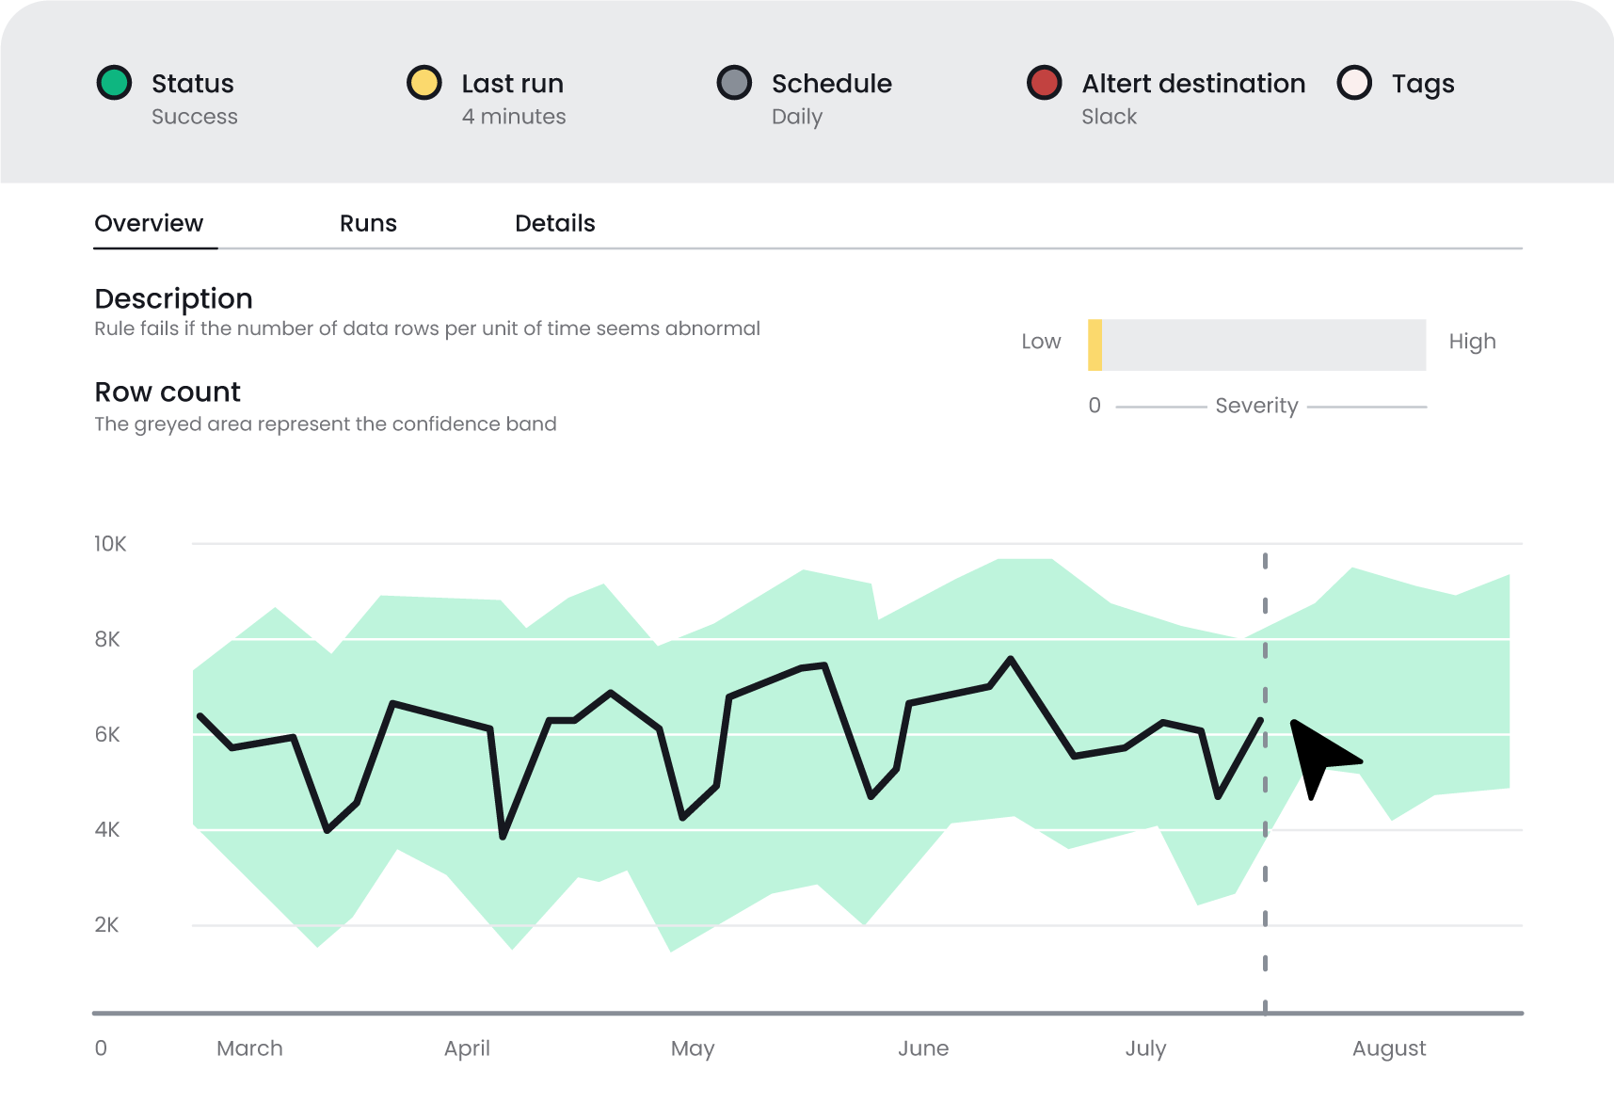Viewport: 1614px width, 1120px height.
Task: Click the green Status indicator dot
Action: pyautogui.click(x=114, y=83)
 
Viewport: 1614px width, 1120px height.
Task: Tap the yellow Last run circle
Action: pyautogui.click(x=424, y=83)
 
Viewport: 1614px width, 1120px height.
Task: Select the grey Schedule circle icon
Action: pyautogui.click(x=734, y=83)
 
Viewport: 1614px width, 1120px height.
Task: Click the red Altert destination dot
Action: pyautogui.click(x=1045, y=83)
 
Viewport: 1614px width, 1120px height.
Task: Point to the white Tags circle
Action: pyautogui.click(x=1354, y=83)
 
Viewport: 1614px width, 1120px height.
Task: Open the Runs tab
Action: pyautogui.click(x=368, y=223)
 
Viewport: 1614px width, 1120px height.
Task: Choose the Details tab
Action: pyautogui.click(x=554, y=223)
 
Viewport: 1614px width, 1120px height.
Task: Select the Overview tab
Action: pyautogui.click(x=149, y=223)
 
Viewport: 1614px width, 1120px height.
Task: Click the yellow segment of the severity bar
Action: pyautogui.click(x=1095, y=344)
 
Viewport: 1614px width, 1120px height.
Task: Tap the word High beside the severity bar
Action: pyautogui.click(x=1472, y=342)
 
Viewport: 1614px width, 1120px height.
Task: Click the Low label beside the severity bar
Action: pyautogui.click(x=1041, y=342)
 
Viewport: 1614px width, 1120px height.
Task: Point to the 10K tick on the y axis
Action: pyautogui.click(x=110, y=544)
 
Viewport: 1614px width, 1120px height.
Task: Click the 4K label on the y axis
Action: pyautogui.click(x=107, y=830)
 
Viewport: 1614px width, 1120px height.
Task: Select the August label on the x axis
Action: pyautogui.click(x=1389, y=1048)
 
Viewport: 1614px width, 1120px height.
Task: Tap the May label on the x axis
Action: pyautogui.click(x=693, y=1048)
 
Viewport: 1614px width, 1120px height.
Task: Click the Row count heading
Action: pyautogui.click(x=168, y=392)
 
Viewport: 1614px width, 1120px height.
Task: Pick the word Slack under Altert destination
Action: pyautogui.click(x=1109, y=117)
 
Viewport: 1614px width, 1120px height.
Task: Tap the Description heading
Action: pyautogui.click(x=173, y=298)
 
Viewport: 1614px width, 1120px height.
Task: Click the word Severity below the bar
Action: pyautogui.click(x=1256, y=406)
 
